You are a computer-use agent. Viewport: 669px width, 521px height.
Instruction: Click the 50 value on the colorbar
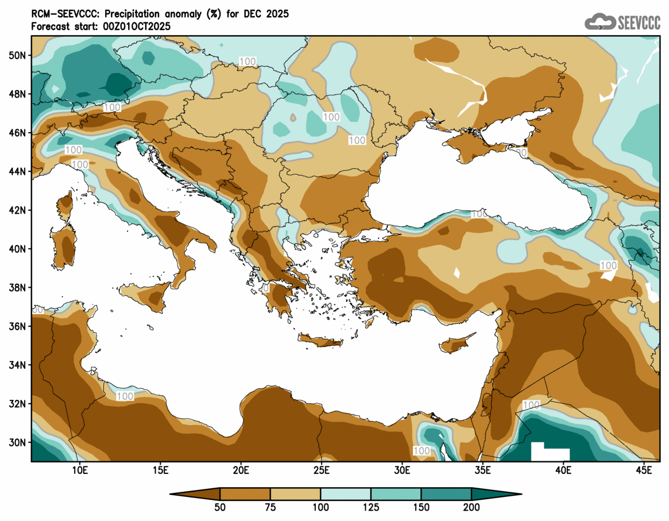(x=220, y=508)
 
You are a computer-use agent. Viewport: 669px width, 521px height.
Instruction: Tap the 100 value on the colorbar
(x=320, y=508)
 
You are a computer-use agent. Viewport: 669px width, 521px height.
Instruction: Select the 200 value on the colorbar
(x=471, y=508)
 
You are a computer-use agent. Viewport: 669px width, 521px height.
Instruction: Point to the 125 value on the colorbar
(x=371, y=508)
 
